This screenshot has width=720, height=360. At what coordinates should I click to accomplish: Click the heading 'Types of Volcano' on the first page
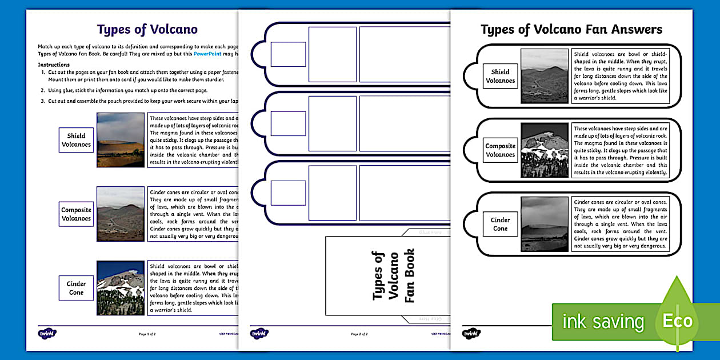click(147, 30)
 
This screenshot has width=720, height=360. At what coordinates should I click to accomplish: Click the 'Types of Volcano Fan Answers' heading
click(571, 29)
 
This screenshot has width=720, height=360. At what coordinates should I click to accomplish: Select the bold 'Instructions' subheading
click(54, 65)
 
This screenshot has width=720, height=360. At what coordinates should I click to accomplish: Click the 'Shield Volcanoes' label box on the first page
click(76, 140)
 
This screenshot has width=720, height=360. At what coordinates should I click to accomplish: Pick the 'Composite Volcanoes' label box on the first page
click(76, 214)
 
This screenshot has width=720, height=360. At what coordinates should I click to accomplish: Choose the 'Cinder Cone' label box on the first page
click(76, 288)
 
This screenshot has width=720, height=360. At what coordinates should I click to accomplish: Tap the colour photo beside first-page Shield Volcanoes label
click(120, 140)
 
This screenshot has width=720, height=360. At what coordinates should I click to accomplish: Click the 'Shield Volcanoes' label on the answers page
click(500, 76)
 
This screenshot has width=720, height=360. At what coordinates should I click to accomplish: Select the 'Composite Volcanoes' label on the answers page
click(500, 150)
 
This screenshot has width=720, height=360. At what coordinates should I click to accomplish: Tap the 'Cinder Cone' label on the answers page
click(500, 224)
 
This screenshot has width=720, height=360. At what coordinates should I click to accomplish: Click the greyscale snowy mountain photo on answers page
click(545, 150)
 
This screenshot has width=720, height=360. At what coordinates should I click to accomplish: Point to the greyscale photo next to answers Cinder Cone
click(545, 224)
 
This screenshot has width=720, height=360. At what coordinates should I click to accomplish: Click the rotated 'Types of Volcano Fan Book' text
click(393, 275)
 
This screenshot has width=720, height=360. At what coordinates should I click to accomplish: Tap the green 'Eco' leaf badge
click(677, 320)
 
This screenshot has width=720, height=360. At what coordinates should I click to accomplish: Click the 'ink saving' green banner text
click(602, 322)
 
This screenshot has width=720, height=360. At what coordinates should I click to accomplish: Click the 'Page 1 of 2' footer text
click(147, 334)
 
